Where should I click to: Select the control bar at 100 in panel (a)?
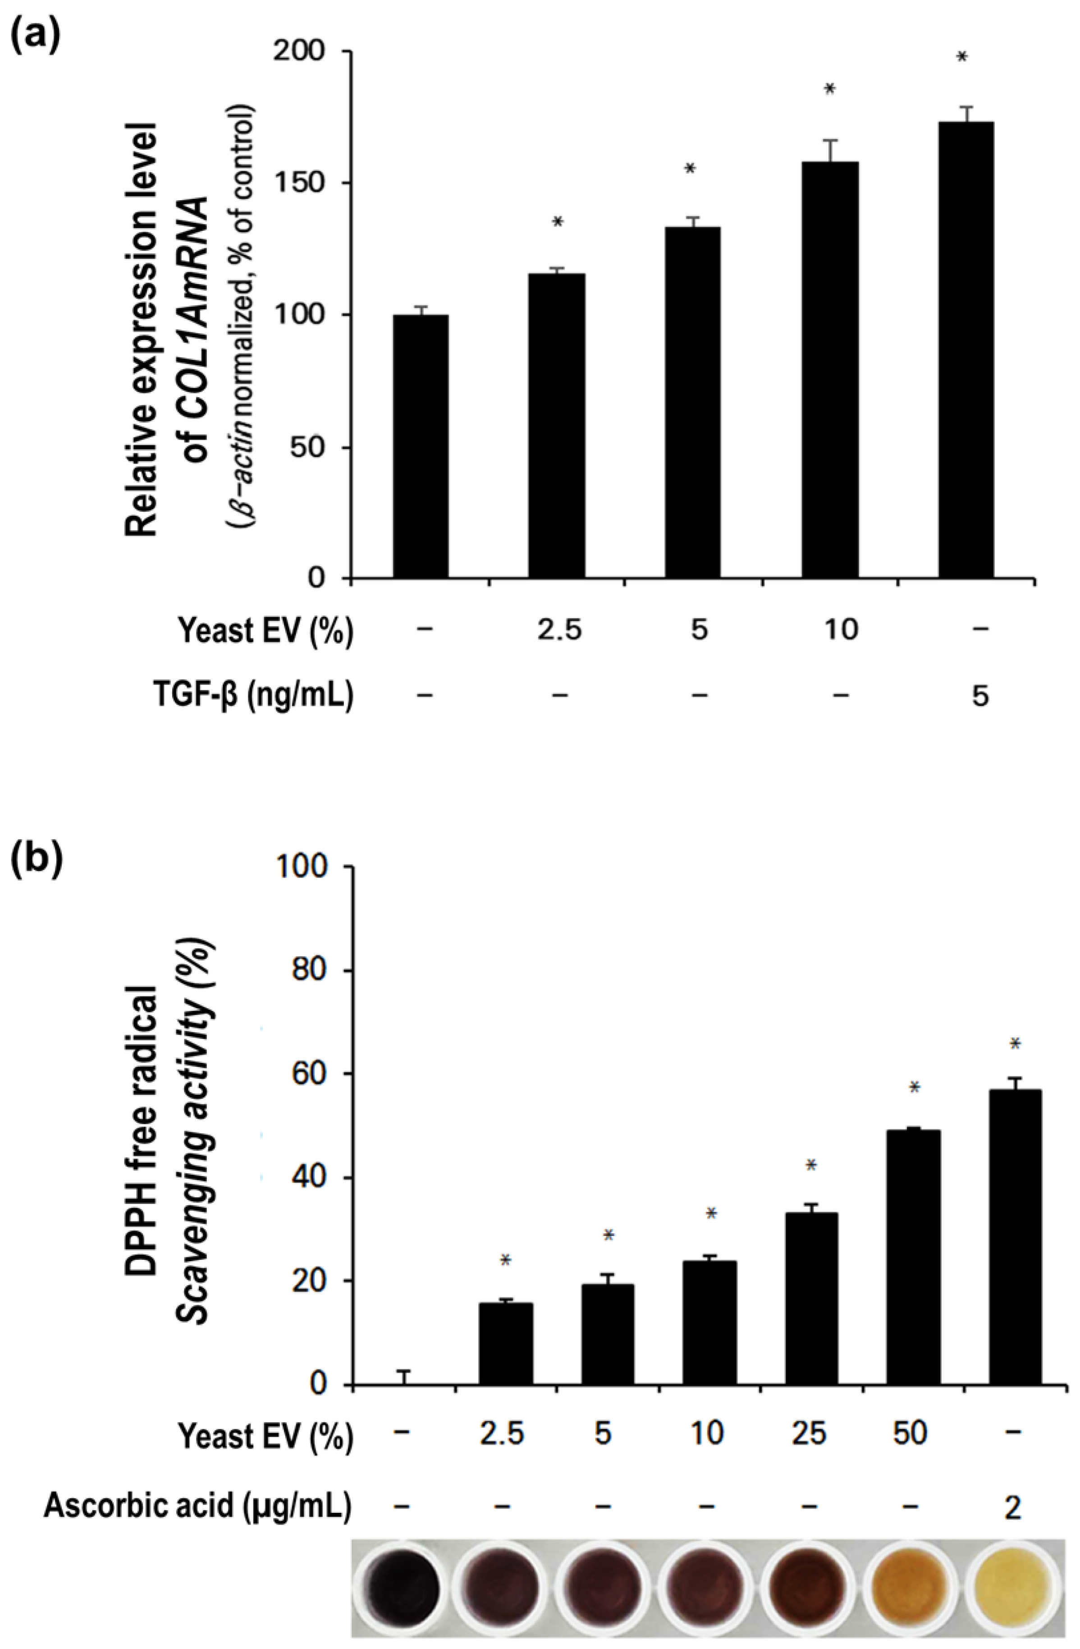pyautogui.click(x=421, y=446)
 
